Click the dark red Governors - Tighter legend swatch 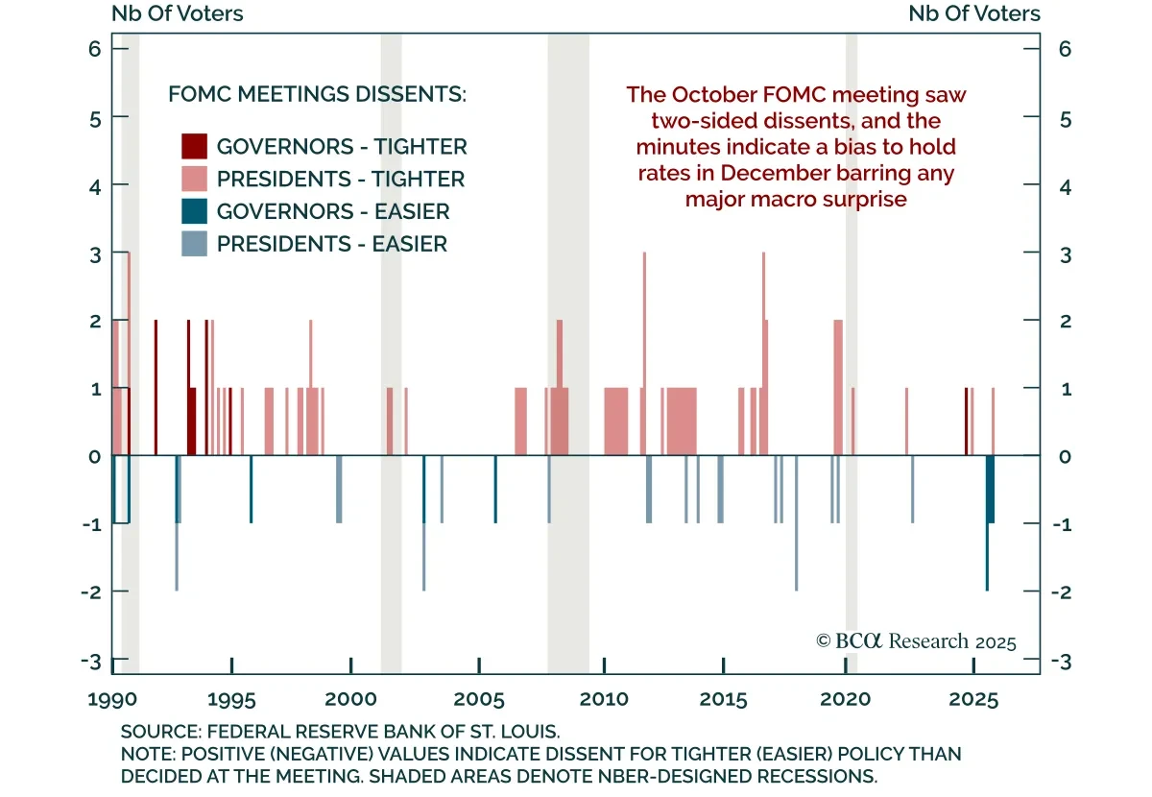click(x=195, y=147)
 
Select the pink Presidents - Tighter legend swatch click(x=195, y=180)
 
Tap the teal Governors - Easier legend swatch click(x=195, y=212)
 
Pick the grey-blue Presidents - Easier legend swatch click(x=195, y=244)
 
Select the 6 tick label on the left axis click(x=95, y=49)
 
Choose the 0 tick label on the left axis click(x=95, y=456)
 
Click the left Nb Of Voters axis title click(x=178, y=13)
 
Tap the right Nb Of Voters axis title click(x=974, y=13)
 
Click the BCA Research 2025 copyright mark click(x=915, y=641)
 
